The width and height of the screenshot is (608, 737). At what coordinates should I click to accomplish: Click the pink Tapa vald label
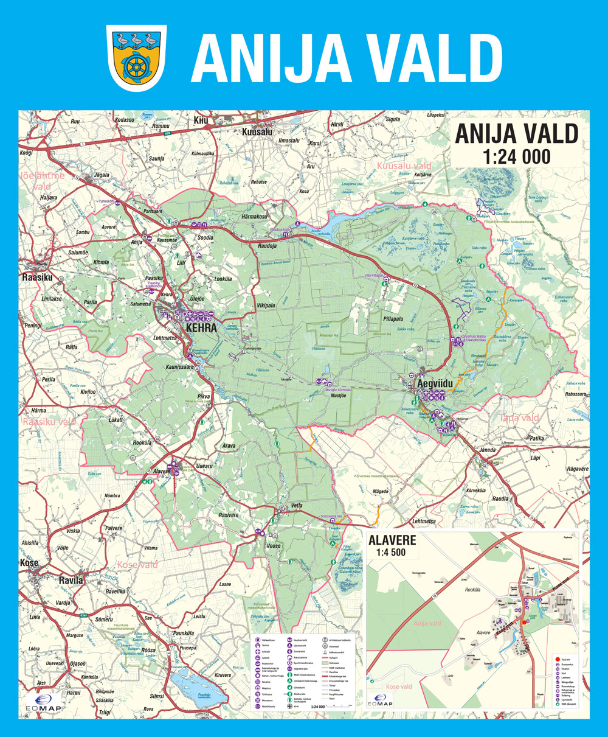519,417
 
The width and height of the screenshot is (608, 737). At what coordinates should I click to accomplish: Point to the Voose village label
274,546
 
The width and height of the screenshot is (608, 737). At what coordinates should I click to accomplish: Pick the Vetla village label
297,506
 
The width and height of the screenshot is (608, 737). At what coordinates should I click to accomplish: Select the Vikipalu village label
266,302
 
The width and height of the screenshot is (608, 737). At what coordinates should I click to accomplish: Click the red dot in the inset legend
556,658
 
